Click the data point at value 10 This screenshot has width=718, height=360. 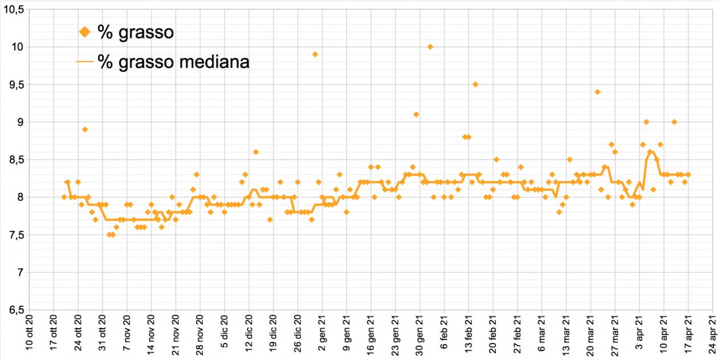pos(430,47)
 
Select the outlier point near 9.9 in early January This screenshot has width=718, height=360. pos(315,54)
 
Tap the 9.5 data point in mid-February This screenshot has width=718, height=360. pos(475,84)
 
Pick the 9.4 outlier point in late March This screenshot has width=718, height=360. pos(597,92)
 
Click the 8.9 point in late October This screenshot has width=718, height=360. pos(85,129)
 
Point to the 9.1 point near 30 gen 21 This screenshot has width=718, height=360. pos(417,114)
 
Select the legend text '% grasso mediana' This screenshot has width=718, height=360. pos(173,62)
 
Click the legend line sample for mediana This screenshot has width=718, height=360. pos(85,62)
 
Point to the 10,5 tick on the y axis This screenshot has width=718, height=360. pos(14,9)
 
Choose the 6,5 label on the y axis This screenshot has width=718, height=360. pos(14,310)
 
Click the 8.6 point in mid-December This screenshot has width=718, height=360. pos(256,152)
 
